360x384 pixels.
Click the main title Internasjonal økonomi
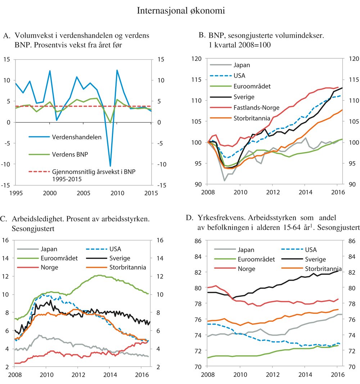(181, 11)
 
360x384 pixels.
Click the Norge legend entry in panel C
(50, 267)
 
